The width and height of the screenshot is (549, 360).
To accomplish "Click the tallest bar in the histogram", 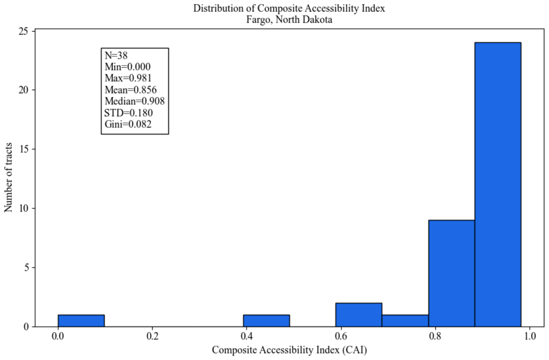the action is [x=498, y=184].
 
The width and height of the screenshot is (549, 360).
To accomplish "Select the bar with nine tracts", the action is [x=452, y=273].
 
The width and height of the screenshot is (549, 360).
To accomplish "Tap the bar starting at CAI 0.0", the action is [x=81, y=320].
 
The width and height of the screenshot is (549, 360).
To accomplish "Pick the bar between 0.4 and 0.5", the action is [x=267, y=320].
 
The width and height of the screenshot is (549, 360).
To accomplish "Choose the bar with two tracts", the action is [x=359, y=315].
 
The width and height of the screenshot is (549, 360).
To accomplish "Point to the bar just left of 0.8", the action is [x=405, y=320].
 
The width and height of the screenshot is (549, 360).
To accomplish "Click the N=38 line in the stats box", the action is [x=116, y=56].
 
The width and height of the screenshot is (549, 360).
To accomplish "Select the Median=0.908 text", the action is [x=135, y=101].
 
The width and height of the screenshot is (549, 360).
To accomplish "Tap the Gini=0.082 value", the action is [x=128, y=124].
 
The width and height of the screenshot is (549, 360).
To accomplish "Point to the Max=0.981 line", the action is [x=128, y=78].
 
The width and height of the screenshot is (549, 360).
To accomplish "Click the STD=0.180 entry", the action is [x=129, y=113].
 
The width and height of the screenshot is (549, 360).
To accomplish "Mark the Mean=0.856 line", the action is [x=131, y=90].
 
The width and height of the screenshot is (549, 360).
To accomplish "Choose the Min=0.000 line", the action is [x=128, y=67].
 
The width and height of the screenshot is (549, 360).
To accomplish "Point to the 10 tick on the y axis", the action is [x=24, y=208].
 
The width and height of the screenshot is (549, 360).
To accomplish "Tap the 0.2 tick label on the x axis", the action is [x=153, y=336].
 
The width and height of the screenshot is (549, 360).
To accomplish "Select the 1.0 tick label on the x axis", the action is [x=530, y=336].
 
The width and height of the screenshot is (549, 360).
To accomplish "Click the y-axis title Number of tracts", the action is [x=8, y=178].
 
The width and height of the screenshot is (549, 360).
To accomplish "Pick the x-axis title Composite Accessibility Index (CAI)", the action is [x=290, y=350].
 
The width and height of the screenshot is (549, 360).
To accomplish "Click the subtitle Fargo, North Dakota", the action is [x=289, y=20].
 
